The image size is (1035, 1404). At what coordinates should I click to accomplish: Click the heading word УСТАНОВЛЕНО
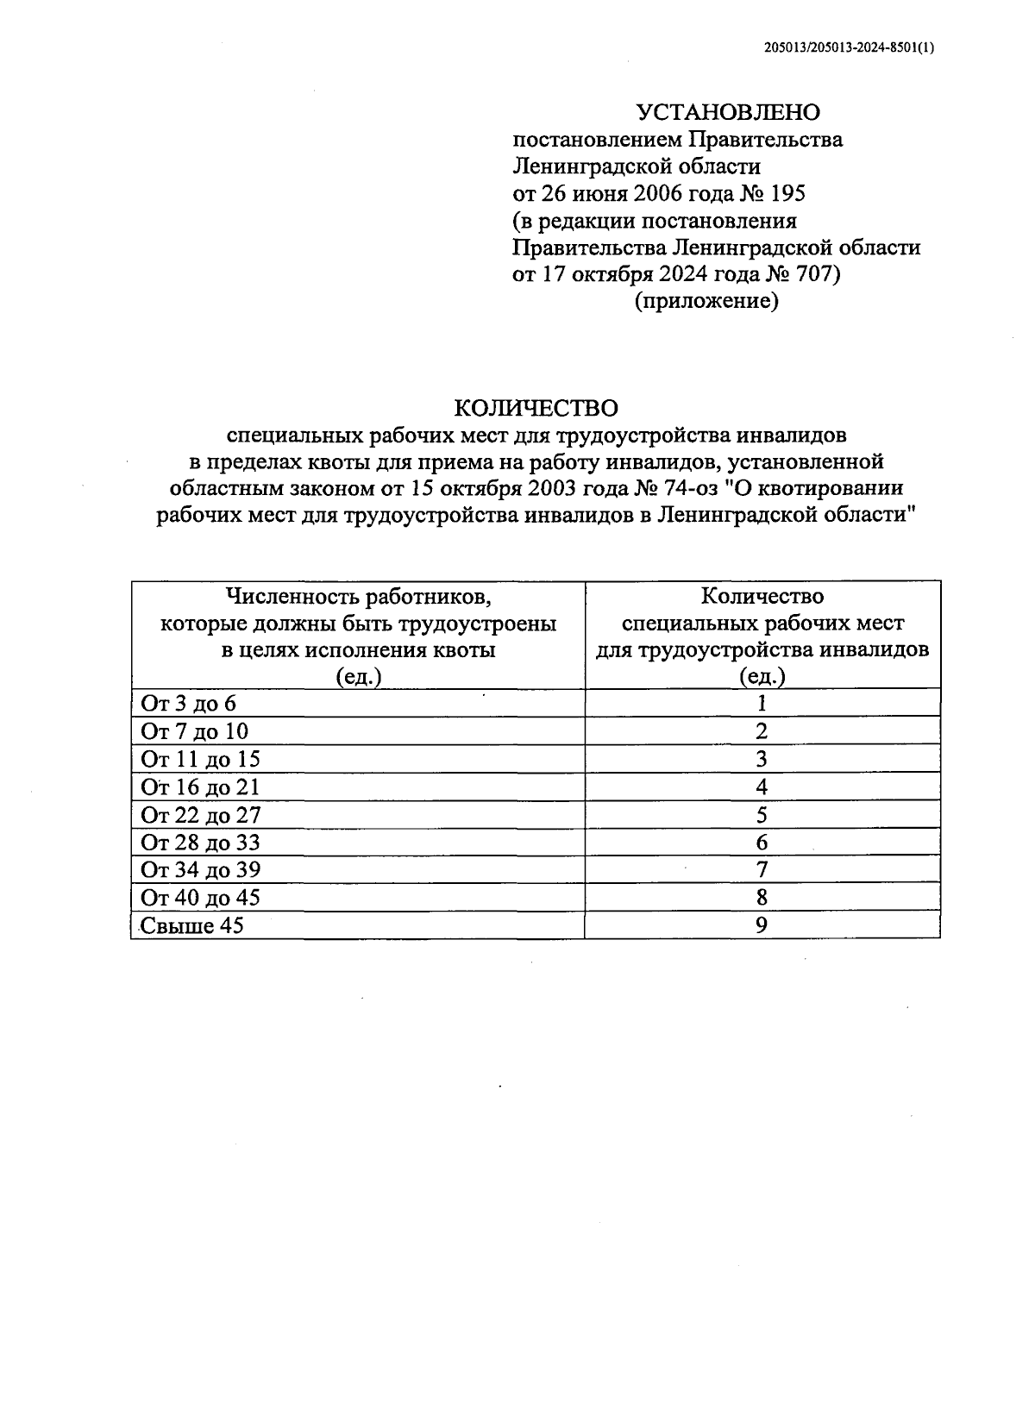coord(728,113)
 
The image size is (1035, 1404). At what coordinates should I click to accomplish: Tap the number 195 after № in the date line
coord(786,193)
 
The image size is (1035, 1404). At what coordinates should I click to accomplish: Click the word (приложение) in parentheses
coord(706,302)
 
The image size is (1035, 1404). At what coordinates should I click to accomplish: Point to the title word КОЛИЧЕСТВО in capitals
coord(536,407)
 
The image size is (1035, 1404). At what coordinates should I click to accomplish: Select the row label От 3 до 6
coord(188,704)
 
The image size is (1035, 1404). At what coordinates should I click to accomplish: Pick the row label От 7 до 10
coord(194,731)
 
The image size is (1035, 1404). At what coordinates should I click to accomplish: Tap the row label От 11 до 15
coord(200,759)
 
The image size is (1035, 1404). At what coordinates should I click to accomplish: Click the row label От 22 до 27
coord(200,815)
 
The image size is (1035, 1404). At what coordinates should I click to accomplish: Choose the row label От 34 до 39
coord(200,869)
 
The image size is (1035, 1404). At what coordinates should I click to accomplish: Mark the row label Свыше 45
coord(191,925)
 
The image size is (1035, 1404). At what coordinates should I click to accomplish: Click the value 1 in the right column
coord(762,704)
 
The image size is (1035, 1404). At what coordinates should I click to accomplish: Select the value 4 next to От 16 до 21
coord(762,787)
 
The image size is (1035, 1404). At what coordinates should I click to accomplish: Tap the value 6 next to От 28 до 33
coord(762,843)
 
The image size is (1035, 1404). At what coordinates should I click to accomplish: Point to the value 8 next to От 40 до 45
coord(762,897)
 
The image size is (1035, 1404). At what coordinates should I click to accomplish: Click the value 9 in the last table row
coord(762,925)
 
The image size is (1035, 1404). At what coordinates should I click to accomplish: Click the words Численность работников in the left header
coord(358,596)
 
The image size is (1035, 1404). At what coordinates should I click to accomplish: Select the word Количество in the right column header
coord(762,596)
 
